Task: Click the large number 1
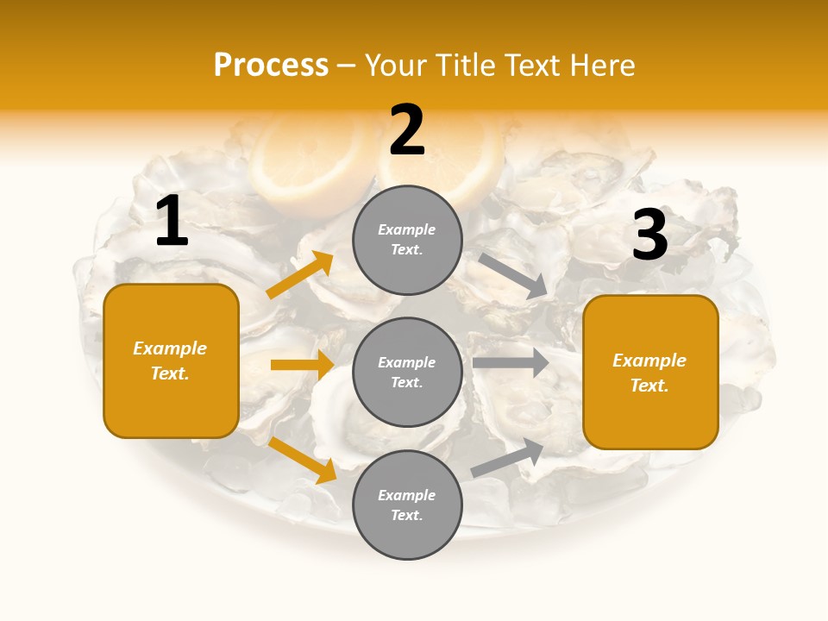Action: click(x=172, y=221)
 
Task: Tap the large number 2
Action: click(x=407, y=130)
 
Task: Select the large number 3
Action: click(x=649, y=235)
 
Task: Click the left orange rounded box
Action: click(x=171, y=361)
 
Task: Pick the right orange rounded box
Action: click(x=650, y=372)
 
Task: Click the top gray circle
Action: click(x=407, y=240)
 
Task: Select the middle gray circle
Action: click(x=407, y=372)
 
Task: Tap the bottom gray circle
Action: click(x=407, y=505)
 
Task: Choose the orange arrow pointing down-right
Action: click(x=303, y=460)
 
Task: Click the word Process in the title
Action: click(x=271, y=65)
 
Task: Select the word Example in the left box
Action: click(x=170, y=348)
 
